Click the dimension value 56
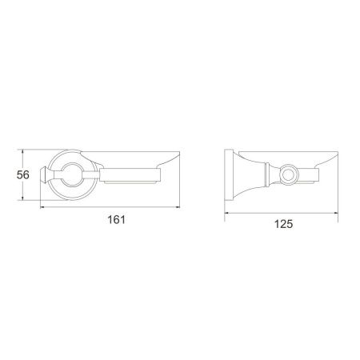click(x=22, y=175)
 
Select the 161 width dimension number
click(x=116, y=219)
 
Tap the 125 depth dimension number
click(x=283, y=224)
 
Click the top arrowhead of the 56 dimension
click(x=23, y=152)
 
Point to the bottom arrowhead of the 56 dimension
click(x=23, y=198)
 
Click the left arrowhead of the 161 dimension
click(x=42, y=206)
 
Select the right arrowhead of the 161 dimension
click(x=178, y=206)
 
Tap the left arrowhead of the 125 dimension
click(x=227, y=213)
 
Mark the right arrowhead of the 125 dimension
click(x=335, y=213)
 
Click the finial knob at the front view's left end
click(x=44, y=175)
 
